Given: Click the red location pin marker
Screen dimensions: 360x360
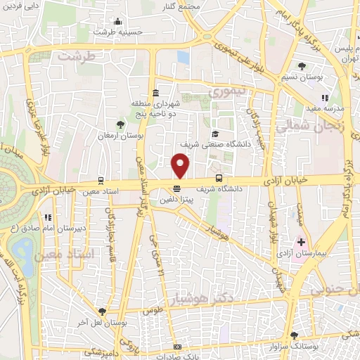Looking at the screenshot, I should coord(181,165).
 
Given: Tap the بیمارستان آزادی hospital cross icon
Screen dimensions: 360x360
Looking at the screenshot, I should coord(301,242).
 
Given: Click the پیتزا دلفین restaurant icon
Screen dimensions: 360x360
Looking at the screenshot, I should coord(176,188).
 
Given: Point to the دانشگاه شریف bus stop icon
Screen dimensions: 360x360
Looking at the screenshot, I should coord(219,178).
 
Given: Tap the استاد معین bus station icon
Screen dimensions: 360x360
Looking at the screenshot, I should coord(102,180).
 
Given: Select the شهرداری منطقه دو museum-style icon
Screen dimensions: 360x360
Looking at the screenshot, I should coord(155,94).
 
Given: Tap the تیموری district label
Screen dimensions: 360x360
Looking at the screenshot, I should coord(229,92).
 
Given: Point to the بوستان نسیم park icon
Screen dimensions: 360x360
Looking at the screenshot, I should coord(302,65).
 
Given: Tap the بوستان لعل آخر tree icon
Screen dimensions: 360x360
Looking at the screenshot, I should coord(103,310).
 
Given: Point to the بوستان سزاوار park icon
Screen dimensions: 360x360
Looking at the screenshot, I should coord(294,335).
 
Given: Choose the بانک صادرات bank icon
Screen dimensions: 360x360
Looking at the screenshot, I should coord(178,347).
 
